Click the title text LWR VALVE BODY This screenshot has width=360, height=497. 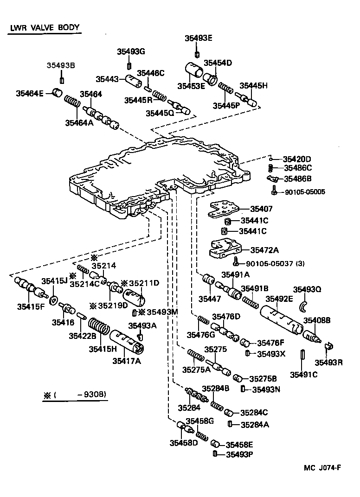45,27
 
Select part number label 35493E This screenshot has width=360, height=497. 198,38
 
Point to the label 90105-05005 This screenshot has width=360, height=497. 305,191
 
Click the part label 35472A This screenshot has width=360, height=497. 264,250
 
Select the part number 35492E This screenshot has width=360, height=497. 279,299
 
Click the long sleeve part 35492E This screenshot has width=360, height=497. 281,320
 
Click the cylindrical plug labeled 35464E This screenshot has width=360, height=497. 57,92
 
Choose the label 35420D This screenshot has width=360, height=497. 297,159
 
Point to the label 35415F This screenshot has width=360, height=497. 31,306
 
